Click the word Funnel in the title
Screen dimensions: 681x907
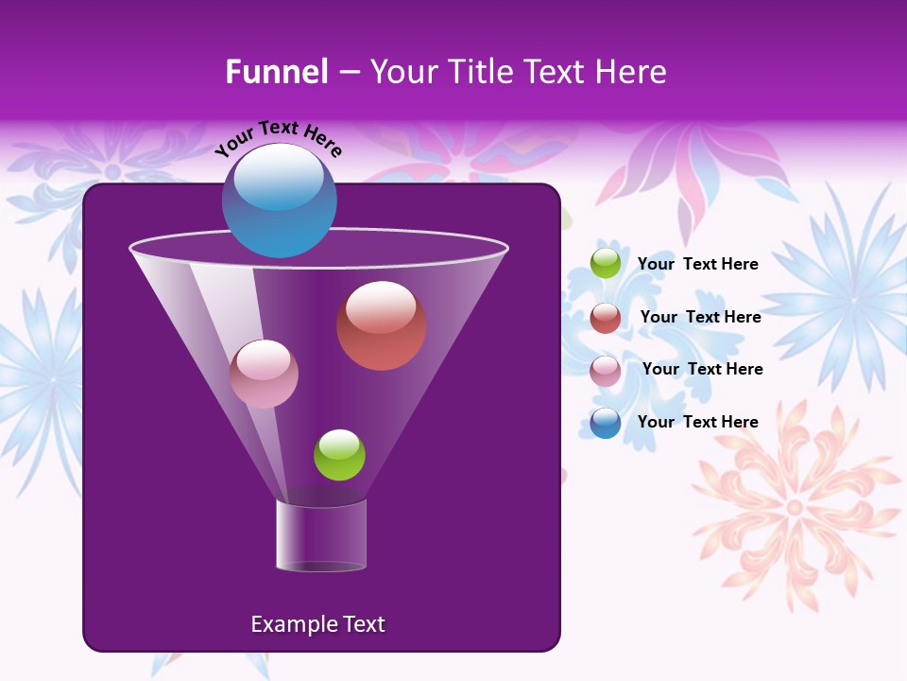point(276,72)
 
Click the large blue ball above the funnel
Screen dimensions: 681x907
point(279,201)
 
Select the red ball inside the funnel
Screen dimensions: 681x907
point(381,325)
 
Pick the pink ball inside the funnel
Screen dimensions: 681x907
point(264,374)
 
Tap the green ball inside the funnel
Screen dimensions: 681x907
point(339,455)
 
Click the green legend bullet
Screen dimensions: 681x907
point(606,263)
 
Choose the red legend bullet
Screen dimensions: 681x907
point(606,317)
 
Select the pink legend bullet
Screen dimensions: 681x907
point(606,370)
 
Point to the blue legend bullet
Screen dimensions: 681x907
point(606,422)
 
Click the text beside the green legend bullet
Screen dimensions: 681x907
point(697,264)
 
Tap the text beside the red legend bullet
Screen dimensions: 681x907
point(700,317)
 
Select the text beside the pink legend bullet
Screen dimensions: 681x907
point(702,369)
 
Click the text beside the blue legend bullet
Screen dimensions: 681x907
point(697,422)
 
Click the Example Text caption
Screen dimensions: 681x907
point(317,624)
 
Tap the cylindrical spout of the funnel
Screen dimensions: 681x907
point(320,534)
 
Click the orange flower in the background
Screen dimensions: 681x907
point(794,506)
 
